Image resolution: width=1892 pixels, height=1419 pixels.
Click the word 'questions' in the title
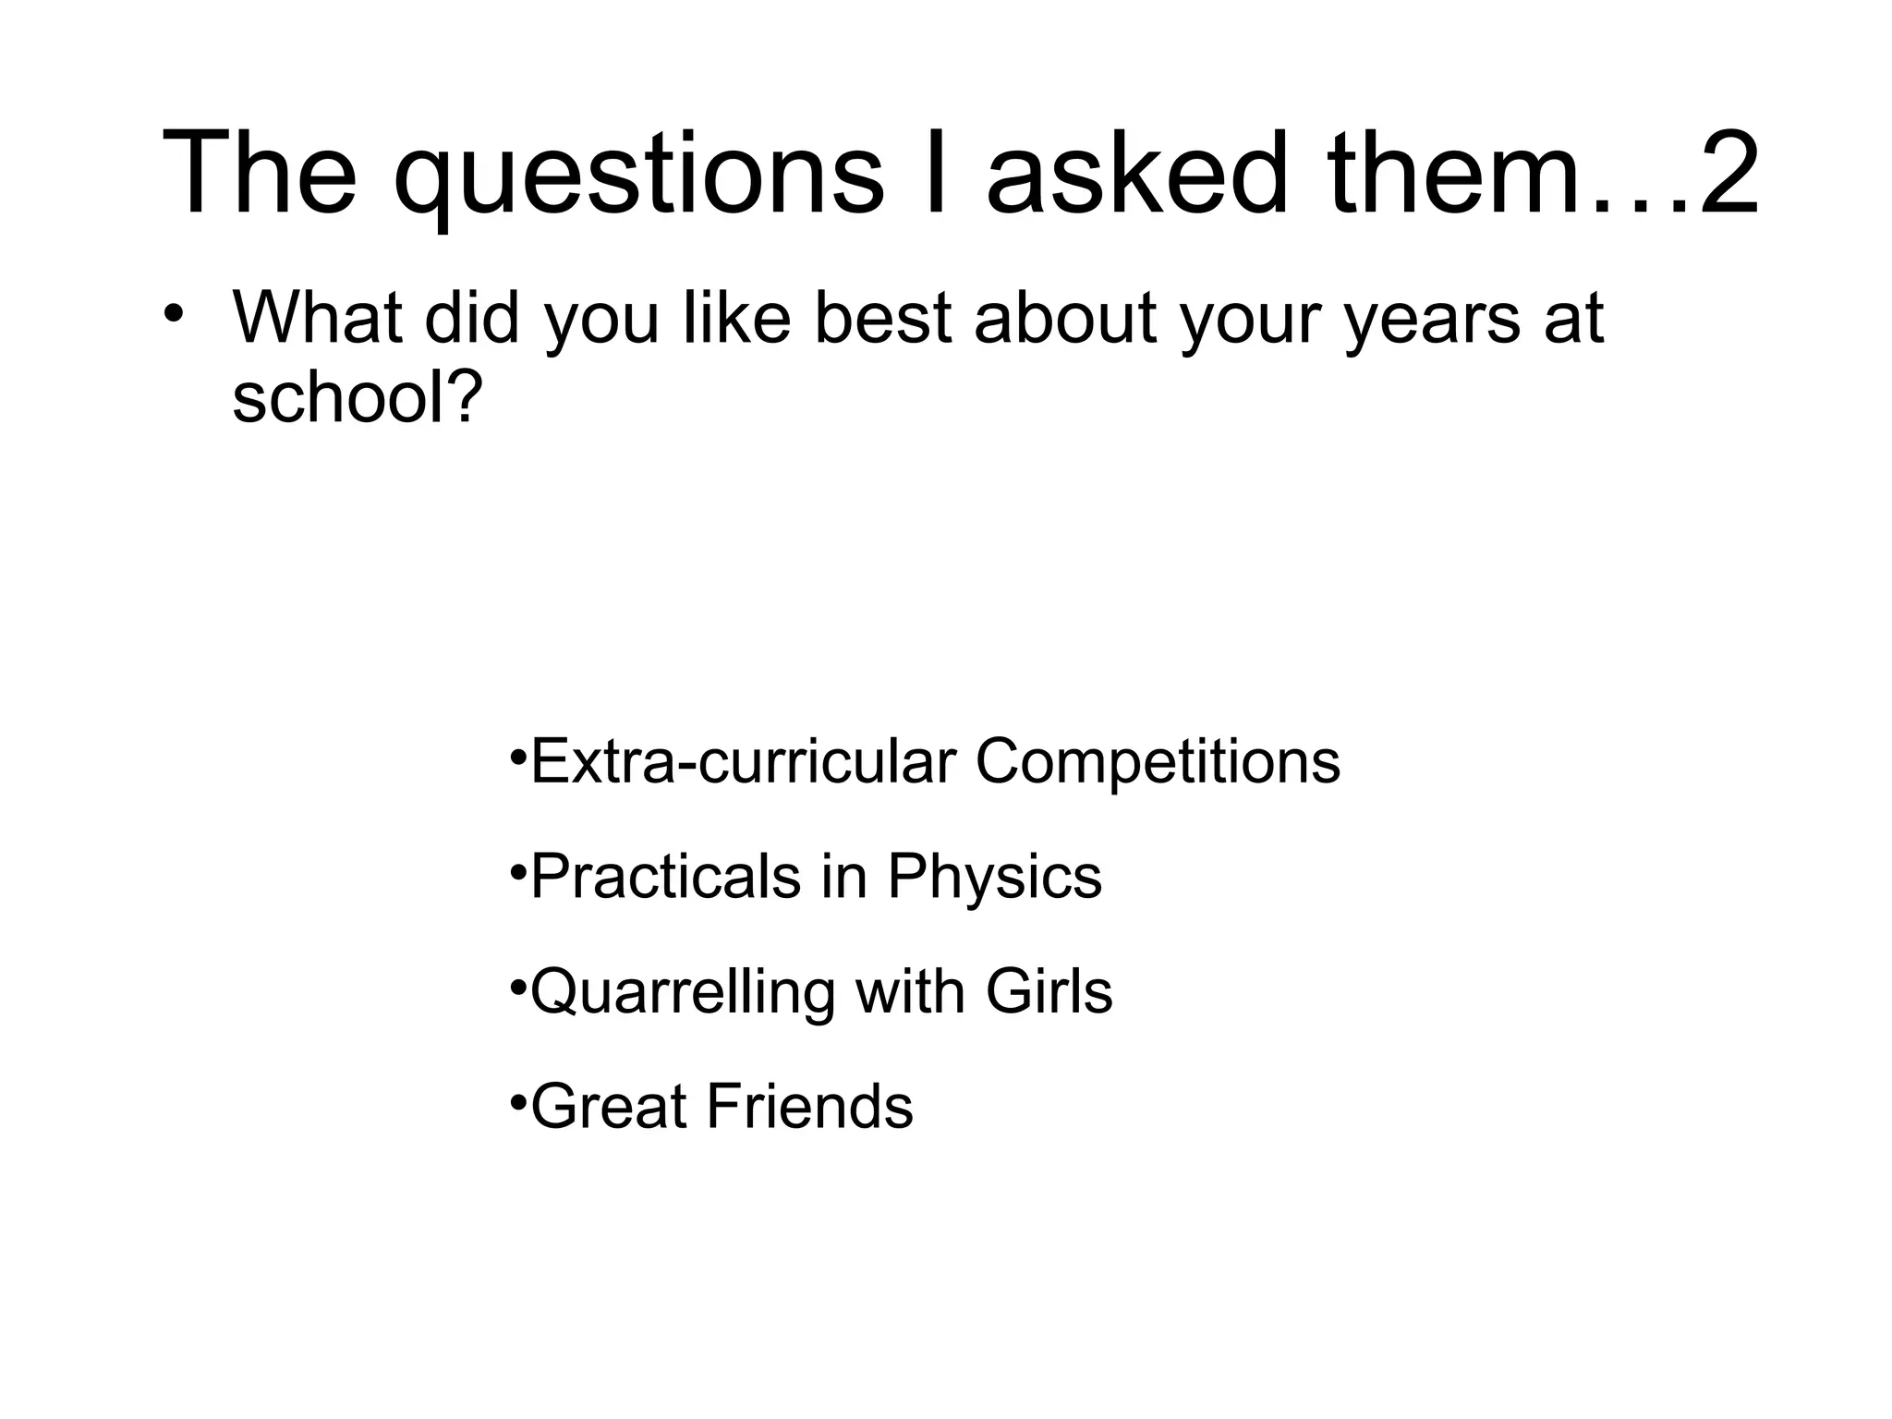(637, 176)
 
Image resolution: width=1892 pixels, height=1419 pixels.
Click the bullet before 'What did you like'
(172, 314)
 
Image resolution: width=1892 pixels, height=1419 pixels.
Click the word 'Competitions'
(1158, 763)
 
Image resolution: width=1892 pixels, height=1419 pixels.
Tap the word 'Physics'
(994, 878)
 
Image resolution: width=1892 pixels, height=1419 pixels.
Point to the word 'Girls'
(1049, 991)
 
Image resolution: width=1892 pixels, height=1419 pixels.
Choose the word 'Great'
(609, 1107)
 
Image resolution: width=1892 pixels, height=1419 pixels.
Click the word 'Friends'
(810, 1107)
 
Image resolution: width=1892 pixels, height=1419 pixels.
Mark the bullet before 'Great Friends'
(517, 1101)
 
